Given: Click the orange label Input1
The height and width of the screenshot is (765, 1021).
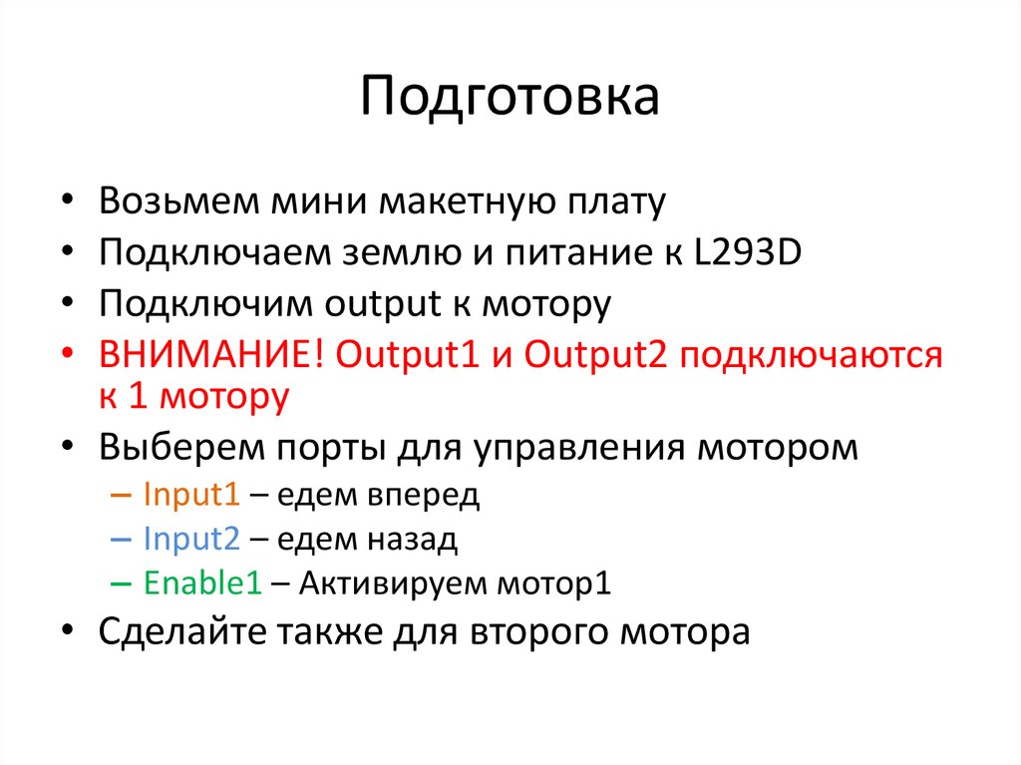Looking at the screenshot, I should (x=189, y=495).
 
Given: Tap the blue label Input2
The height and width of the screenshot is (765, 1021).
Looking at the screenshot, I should (x=191, y=540).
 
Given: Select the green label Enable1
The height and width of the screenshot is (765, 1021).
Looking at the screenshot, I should (x=202, y=584).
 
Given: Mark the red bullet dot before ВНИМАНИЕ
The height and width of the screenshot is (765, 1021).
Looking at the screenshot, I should (x=67, y=355).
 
